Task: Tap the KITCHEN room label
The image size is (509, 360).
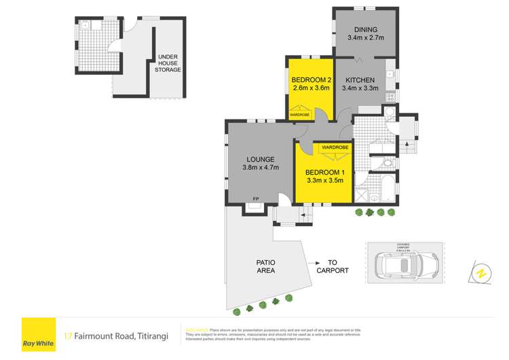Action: (360, 80)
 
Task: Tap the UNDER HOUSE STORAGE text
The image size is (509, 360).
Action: (169, 63)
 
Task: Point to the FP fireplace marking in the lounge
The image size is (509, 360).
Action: (255, 198)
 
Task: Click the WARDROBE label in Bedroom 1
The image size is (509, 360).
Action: (335, 147)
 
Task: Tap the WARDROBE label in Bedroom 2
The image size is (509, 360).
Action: (300, 115)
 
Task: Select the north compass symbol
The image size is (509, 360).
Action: (480, 273)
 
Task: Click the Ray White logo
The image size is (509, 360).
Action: (38, 334)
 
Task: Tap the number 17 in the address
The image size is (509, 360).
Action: (68, 335)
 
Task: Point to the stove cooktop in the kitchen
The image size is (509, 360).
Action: (391, 98)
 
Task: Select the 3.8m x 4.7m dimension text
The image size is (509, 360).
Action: (261, 168)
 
